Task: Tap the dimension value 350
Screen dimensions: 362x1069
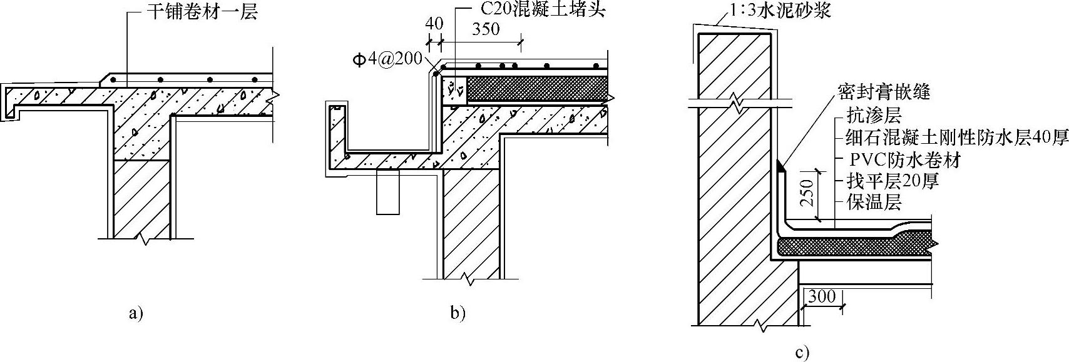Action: pyautogui.click(x=486, y=29)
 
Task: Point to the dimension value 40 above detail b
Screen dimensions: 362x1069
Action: pyautogui.click(x=434, y=24)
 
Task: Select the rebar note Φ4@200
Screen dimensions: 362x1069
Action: pyautogui.click(x=389, y=61)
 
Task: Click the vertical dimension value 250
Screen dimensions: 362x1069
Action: pyautogui.click(x=807, y=193)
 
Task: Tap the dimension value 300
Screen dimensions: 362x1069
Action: pyautogui.click(x=821, y=296)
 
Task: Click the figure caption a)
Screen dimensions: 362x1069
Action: pyautogui.click(x=136, y=313)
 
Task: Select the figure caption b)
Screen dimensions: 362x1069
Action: pyautogui.click(x=458, y=313)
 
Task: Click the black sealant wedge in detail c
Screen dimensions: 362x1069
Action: pyautogui.click(x=780, y=167)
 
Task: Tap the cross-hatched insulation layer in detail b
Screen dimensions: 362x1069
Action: pyautogui.click(x=537, y=89)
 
